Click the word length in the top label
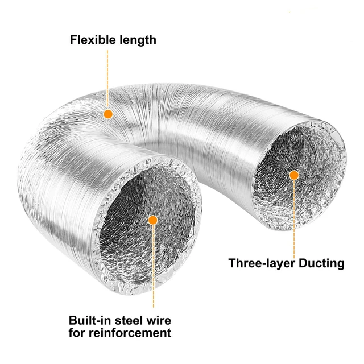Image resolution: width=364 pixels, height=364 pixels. point(136,40)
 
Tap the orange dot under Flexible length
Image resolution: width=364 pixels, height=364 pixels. point(107,114)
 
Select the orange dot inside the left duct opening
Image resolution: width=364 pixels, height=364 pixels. point(152,221)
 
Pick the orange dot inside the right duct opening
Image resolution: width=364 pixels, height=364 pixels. point(294,175)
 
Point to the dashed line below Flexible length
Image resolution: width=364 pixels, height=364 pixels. point(107,80)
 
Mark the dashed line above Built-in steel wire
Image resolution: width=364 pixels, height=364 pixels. point(152,267)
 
